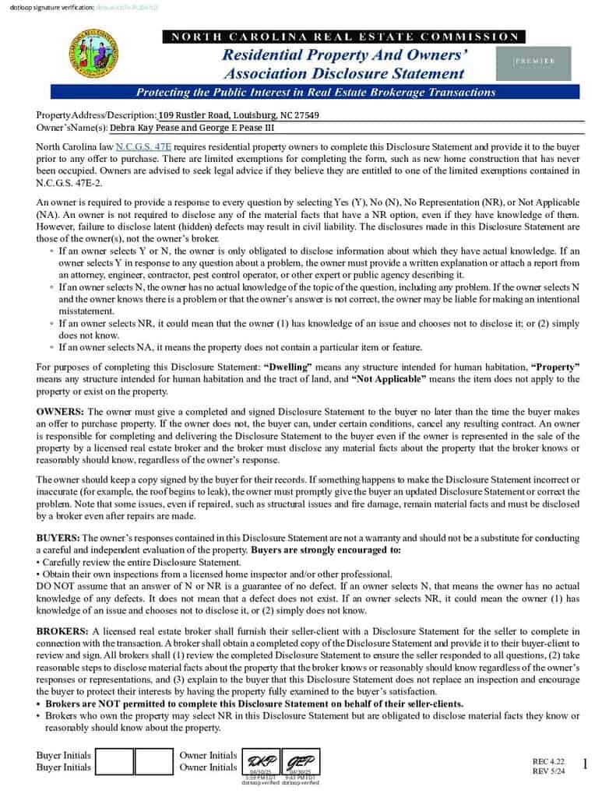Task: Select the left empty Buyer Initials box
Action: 115,762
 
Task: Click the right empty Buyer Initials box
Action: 153,762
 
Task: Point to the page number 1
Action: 585,765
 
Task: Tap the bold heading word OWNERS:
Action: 61,410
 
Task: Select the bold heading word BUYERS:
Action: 58,538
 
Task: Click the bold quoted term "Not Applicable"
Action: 389,379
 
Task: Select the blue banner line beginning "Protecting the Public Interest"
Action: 315,92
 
